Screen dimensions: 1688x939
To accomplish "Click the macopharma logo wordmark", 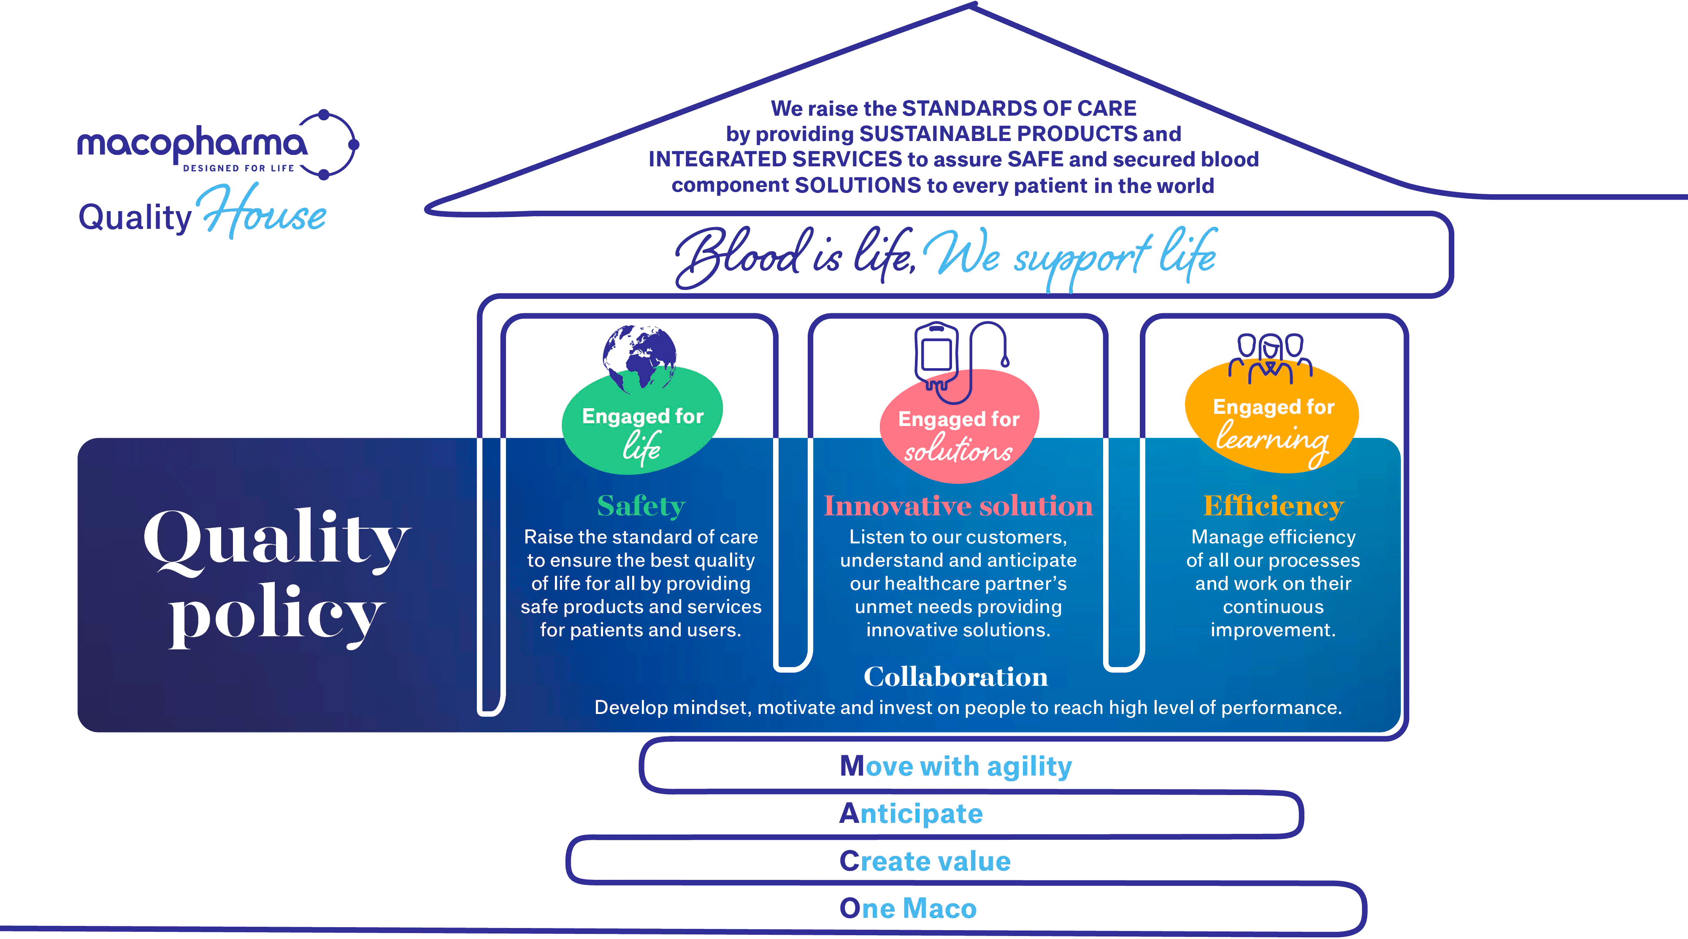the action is [x=192, y=143].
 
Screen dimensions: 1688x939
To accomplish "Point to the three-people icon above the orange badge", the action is [x=1270, y=358].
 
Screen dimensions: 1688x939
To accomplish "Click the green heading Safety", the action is [x=641, y=506].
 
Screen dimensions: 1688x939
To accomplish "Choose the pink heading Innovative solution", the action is [x=958, y=506].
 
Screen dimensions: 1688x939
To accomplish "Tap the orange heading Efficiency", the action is [x=1273, y=506].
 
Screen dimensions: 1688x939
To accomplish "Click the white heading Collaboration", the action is [x=955, y=677].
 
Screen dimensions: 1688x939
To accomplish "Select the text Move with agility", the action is [x=955, y=766].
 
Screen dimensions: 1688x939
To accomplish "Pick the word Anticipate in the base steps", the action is [x=911, y=814].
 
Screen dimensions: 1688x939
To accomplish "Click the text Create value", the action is [x=925, y=861].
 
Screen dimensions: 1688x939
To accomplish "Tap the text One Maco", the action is [x=908, y=908].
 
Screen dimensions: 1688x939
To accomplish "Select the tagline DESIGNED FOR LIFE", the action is [x=238, y=168].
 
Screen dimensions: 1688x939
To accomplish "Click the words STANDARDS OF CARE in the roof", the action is [x=1019, y=108].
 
